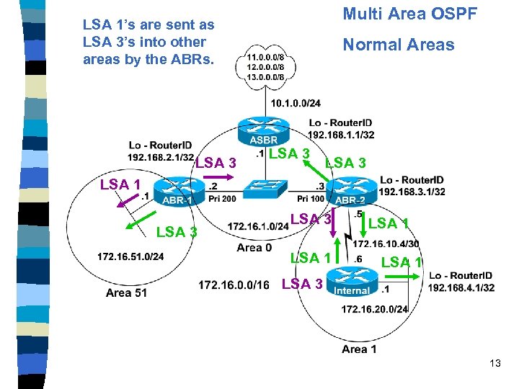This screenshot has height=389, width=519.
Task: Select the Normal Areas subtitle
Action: click(399, 45)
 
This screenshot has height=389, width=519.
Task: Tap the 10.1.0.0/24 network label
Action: click(296, 104)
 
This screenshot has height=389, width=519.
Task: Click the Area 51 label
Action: click(126, 292)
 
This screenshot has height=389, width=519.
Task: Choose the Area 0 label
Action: click(254, 248)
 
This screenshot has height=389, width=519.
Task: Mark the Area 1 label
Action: click(359, 349)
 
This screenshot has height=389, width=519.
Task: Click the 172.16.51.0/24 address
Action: click(130, 256)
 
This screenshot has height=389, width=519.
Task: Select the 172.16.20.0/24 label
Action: click(374, 309)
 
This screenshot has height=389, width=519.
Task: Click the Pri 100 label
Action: click(311, 199)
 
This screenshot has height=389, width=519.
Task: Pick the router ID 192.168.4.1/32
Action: click(461, 287)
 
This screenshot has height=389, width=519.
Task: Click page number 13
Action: click(494, 363)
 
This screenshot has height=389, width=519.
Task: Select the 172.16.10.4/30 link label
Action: click(386, 244)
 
